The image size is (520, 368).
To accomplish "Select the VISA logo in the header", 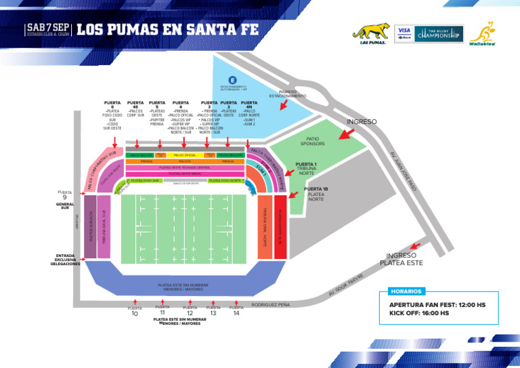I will click(404, 32).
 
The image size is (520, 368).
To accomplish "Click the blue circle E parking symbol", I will click(233, 80).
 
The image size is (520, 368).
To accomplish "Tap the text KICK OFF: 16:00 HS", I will click(418, 313).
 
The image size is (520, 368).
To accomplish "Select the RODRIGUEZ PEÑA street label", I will click(270, 305).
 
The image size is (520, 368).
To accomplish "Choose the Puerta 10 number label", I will click(135, 314).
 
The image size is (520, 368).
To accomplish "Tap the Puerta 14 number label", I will click(236, 313).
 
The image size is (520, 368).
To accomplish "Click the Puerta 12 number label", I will click(190, 314).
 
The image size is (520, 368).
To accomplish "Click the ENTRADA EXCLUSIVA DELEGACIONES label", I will click(65, 260).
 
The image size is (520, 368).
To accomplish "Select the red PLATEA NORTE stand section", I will click(281, 226).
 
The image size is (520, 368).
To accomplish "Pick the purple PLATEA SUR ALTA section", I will click(90, 227).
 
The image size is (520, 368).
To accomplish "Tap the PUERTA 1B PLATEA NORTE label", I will click(316, 194).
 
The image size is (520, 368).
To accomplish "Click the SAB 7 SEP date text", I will click(47, 27).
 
